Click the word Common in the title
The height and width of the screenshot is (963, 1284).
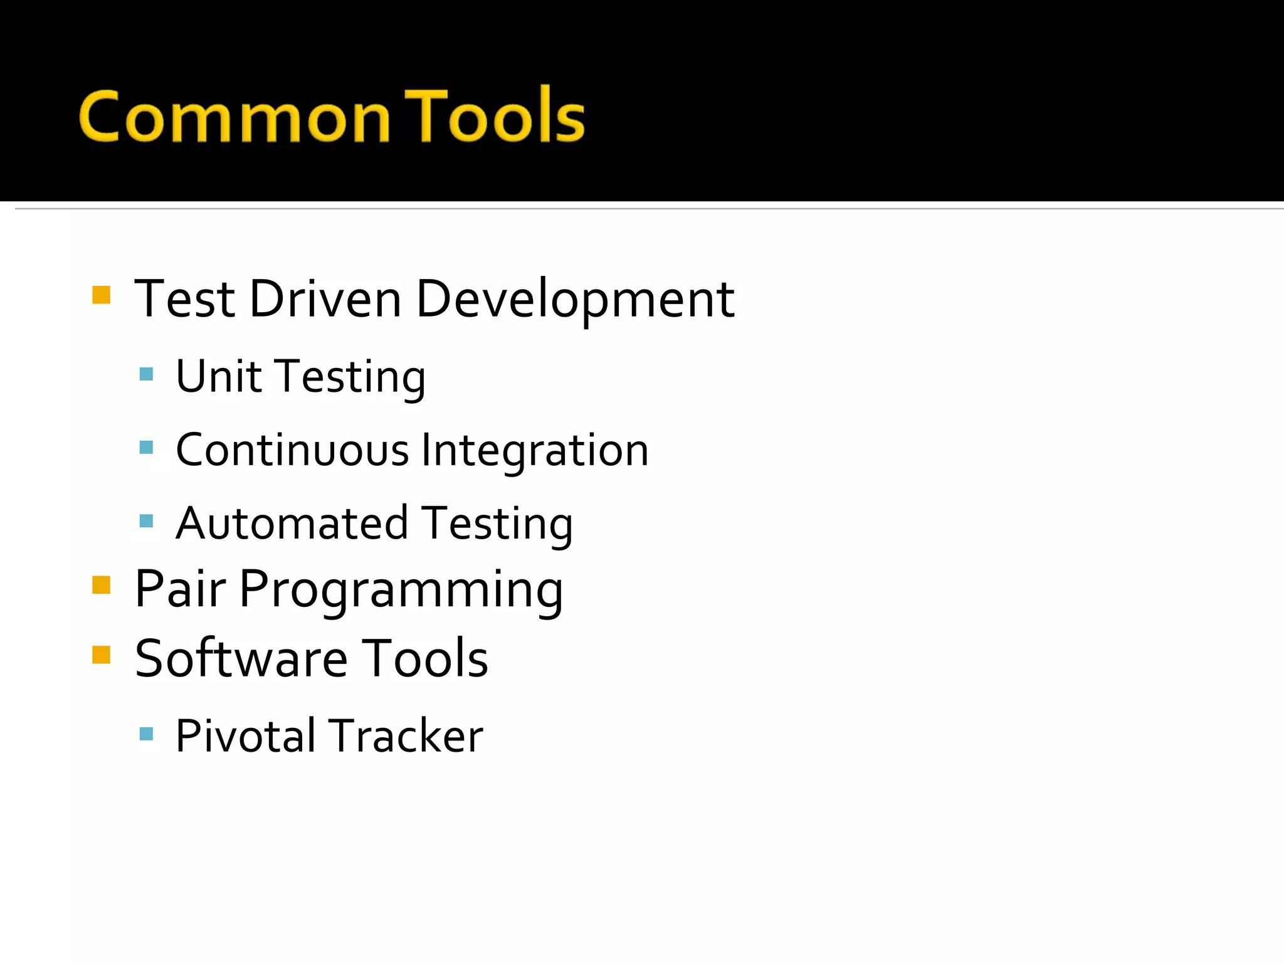point(235,118)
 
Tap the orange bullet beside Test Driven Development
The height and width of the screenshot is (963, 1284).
point(101,295)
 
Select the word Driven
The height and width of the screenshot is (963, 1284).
point(325,299)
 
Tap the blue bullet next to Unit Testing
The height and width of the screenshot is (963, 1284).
point(146,375)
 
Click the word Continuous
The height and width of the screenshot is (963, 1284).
point(292,450)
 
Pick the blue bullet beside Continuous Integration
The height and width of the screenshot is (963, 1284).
point(146,448)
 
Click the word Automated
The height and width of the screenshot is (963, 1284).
point(292,524)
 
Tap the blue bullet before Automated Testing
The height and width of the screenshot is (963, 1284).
point(146,521)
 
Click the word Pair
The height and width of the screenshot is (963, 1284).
point(180,589)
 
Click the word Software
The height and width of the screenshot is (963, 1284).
point(241,658)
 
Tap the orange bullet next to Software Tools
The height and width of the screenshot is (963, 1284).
point(101,655)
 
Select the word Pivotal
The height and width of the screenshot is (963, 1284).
point(245,736)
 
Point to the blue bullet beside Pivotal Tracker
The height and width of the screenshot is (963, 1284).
point(146,734)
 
